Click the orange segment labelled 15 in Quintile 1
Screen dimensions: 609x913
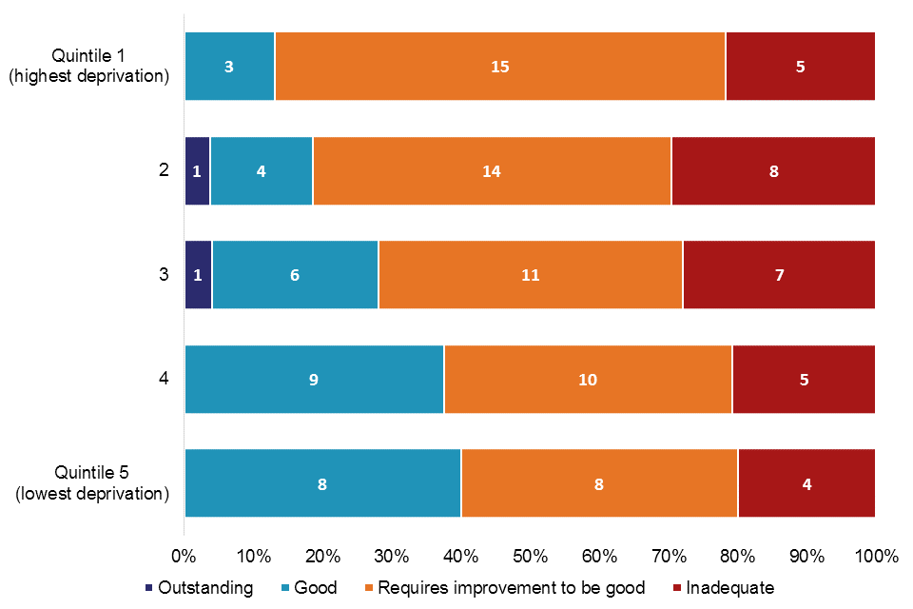[x=499, y=67]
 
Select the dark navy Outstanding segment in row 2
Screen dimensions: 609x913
[x=197, y=171]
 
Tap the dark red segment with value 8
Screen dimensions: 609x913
[x=772, y=171]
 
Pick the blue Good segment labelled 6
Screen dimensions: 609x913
[x=295, y=275]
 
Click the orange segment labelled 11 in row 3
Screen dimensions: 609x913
[x=530, y=275]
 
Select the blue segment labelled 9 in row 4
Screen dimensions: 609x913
[x=314, y=380]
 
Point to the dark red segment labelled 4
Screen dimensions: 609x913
[x=806, y=483]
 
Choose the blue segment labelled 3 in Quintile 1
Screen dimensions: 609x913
[x=229, y=67]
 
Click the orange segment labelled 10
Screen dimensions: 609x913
[x=588, y=380]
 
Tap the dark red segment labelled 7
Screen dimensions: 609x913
[x=778, y=275]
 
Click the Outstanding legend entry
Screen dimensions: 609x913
[x=199, y=588]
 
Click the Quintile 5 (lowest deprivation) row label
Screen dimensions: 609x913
[x=88, y=483]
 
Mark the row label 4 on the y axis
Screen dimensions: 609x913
[x=164, y=380]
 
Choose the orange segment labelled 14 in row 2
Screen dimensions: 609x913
[x=491, y=171]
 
